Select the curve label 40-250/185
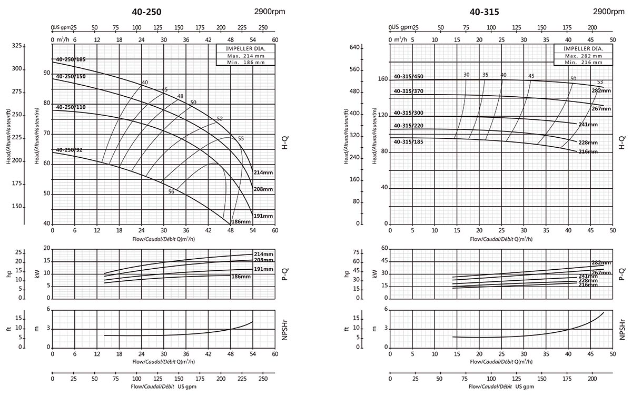pyautogui.click(x=71, y=59)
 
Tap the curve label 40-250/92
pyautogui.click(x=68, y=150)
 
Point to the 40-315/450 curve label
pyautogui.click(x=408, y=77)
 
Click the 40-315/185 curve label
pyautogui.click(x=408, y=142)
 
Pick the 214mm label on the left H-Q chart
pyautogui.click(x=263, y=172)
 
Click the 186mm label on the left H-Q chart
pyautogui.click(x=242, y=222)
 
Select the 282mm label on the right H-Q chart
pyautogui.click(x=601, y=91)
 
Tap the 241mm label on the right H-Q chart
pyautogui.click(x=588, y=125)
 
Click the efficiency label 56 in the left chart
pyautogui.click(x=171, y=192)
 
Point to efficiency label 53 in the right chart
pyautogui.click(x=600, y=82)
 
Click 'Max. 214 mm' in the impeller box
pyautogui.click(x=245, y=55)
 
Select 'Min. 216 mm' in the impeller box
pyautogui.click(x=584, y=62)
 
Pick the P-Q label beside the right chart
pyautogui.click(x=622, y=273)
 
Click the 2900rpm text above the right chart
pyautogui.click(x=609, y=12)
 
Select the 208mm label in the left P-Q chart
pyautogui.click(x=263, y=260)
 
